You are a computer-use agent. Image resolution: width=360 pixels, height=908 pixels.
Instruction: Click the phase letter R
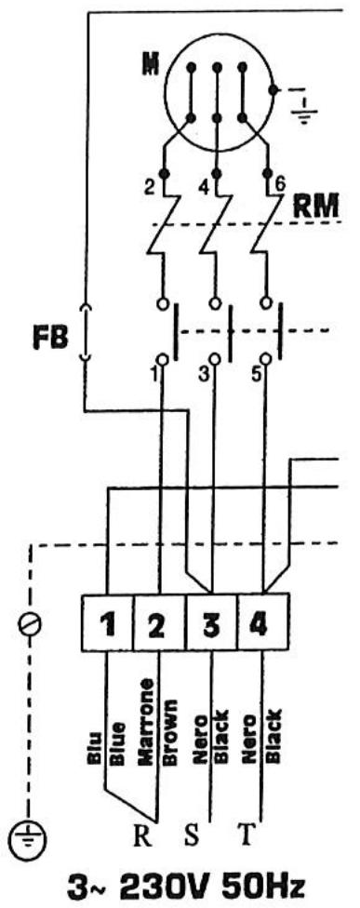[141, 832]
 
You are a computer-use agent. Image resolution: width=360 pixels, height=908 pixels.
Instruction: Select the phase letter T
[245, 832]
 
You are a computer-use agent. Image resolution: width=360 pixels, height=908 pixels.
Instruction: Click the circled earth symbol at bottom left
[31, 835]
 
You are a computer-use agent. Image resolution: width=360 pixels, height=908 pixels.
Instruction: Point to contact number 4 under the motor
[205, 183]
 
